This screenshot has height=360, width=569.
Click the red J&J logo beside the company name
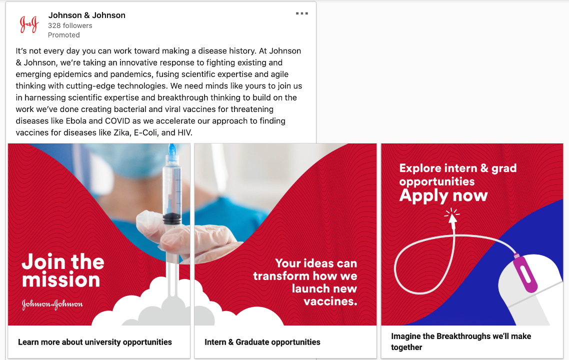pos(29,24)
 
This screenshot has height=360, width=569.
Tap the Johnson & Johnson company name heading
pos(86,15)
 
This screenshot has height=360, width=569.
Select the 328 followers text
pos(70,26)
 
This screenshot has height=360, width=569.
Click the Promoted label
pos(64,35)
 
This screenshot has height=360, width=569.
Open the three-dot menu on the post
pos(302,13)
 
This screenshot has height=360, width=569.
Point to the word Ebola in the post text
pos(76,121)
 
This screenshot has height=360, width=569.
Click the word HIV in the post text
pos(184,132)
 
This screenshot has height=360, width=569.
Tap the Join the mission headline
pos(63,270)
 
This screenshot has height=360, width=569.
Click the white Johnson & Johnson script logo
pos(52,304)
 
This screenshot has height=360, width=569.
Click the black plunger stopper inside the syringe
pos(172,218)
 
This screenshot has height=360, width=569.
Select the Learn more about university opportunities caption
pos(95,342)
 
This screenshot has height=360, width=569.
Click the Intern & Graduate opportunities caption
pos(262,342)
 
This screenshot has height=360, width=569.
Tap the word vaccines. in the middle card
pos(330,301)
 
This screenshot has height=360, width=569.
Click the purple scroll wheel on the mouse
pos(525,273)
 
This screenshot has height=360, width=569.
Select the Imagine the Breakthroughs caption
pos(461,341)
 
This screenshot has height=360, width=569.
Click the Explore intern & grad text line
pos(458,168)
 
